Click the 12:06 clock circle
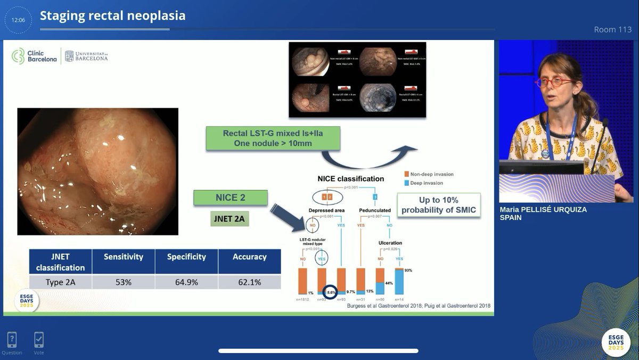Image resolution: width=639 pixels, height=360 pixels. pyautogui.click(x=18, y=20)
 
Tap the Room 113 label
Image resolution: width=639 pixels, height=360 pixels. pyautogui.click(x=612, y=29)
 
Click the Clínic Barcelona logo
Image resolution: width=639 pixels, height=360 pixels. pyautogui.click(x=35, y=56)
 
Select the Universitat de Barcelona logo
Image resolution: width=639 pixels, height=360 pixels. pyautogui.click(x=86, y=56)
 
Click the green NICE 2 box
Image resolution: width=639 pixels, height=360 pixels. pyautogui.click(x=231, y=198)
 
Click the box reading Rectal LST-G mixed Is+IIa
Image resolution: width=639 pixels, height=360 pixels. pyautogui.click(x=272, y=138)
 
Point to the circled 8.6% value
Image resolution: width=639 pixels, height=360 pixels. pyautogui.click(x=330, y=292)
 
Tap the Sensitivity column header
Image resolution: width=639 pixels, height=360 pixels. pyautogui.click(x=123, y=257)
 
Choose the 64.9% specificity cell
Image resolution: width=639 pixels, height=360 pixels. pyautogui.click(x=186, y=282)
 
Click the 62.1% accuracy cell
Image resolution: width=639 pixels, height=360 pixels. pyautogui.click(x=249, y=282)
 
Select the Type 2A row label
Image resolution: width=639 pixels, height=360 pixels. pyautogui.click(x=60, y=282)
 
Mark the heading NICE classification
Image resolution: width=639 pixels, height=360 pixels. pyautogui.click(x=350, y=179)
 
